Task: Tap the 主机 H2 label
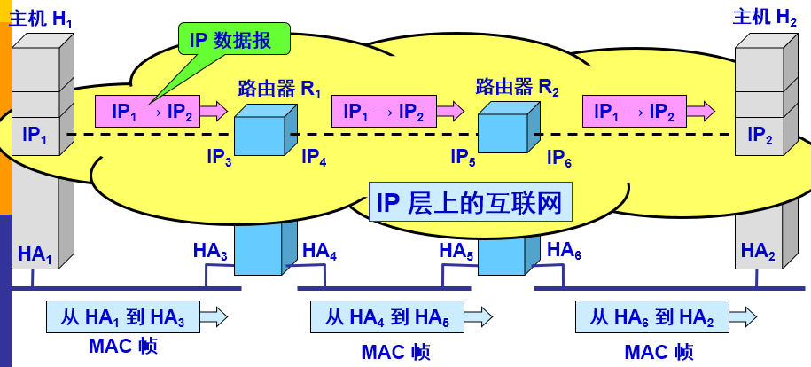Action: click(x=764, y=17)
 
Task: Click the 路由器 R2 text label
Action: click(x=518, y=88)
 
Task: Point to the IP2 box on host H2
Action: click(x=760, y=136)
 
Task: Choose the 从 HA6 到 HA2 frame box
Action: click(x=654, y=316)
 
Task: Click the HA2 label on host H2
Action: click(x=758, y=252)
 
